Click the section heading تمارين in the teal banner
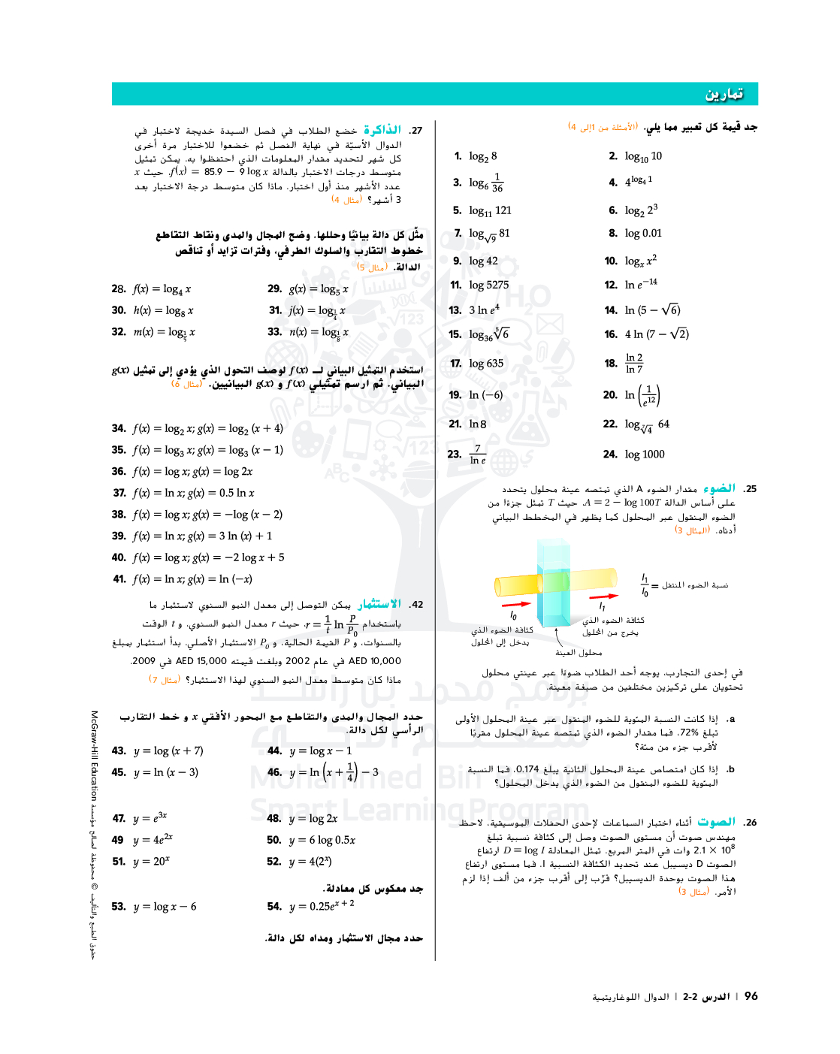(724, 94)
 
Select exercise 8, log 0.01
(643, 234)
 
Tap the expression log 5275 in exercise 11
(488, 285)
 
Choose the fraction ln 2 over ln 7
(634, 364)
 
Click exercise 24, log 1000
(645, 455)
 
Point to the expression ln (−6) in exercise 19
(485, 395)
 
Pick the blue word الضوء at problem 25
(719, 488)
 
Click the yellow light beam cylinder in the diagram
(518, 584)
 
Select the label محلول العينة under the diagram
(579, 653)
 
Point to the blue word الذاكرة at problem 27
(382, 130)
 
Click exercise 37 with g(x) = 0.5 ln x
(194, 494)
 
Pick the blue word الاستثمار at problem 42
(379, 604)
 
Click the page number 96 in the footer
(751, 996)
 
